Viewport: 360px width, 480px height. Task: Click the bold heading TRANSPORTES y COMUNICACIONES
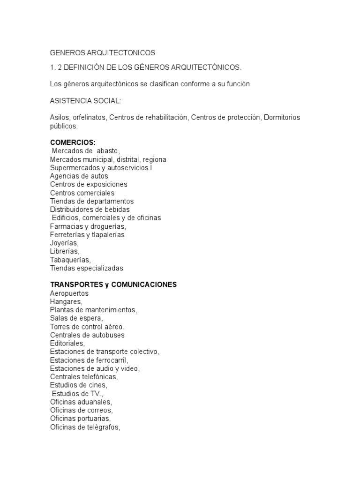coord(113,285)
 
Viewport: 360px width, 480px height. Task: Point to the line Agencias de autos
coord(79,176)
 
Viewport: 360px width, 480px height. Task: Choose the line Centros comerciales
coord(82,193)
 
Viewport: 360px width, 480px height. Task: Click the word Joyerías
coord(64,243)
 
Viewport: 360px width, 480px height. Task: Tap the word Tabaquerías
coord(70,260)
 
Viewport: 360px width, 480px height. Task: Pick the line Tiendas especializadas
coord(86,269)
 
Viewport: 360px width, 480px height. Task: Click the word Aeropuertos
coord(69,293)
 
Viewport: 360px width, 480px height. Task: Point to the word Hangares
coord(66,302)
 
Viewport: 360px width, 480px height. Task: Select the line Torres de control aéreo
coord(87,327)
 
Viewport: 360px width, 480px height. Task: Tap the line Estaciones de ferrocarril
coord(89,360)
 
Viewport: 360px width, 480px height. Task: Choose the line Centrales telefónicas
coord(84,377)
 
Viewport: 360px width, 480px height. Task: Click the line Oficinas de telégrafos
coord(85,427)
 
